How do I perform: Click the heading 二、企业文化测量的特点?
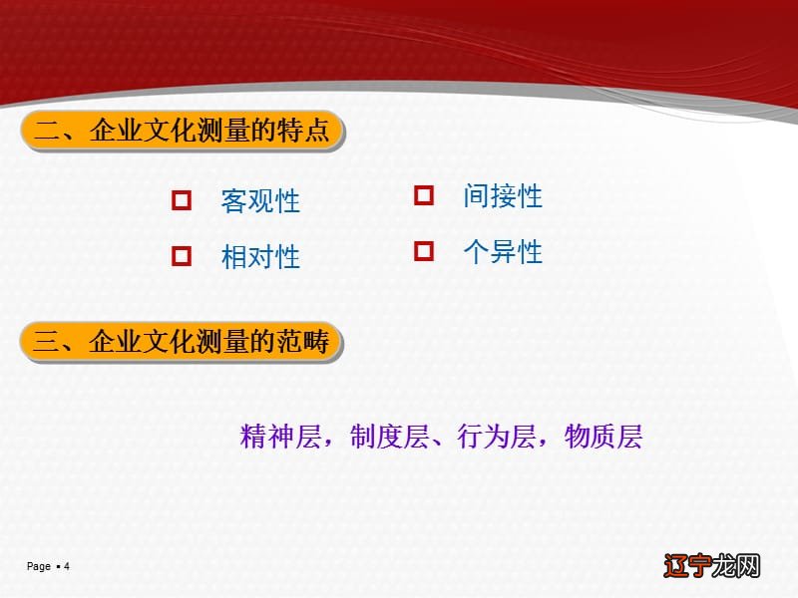pyautogui.click(x=182, y=132)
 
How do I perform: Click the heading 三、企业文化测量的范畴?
pyautogui.click(x=182, y=343)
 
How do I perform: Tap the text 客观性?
pyautogui.click(x=260, y=201)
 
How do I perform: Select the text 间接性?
pyautogui.click(x=503, y=196)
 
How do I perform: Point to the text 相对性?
pyautogui.click(x=260, y=257)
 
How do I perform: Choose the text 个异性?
pyautogui.click(x=503, y=252)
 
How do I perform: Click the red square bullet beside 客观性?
pyautogui.click(x=182, y=200)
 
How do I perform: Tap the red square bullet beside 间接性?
pyautogui.click(x=424, y=195)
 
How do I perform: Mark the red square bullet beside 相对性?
pyautogui.click(x=182, y=256)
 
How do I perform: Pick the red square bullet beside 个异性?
pyautogui.click(x=424, y=251)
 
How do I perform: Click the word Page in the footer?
pyautogui.click(x=38, y=566)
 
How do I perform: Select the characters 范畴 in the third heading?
pyautogui.click(x=306, y=343)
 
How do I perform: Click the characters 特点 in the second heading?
pyautogui.click(x=306, y=132)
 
